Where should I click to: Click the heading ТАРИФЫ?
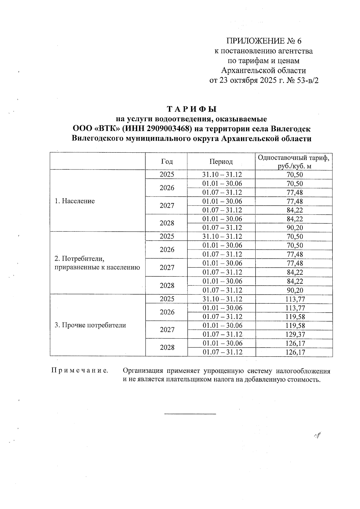192,109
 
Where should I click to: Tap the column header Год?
167,162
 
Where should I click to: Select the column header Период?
221,162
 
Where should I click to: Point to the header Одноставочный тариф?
295,158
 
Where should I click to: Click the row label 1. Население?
75,201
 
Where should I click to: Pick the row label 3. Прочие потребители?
90,325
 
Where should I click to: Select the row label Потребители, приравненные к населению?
97,263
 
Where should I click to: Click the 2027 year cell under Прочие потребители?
167,330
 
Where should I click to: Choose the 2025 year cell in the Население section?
167,175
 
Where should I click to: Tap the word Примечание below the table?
80,371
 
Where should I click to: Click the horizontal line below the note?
190,414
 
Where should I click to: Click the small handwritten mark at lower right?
317,436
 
